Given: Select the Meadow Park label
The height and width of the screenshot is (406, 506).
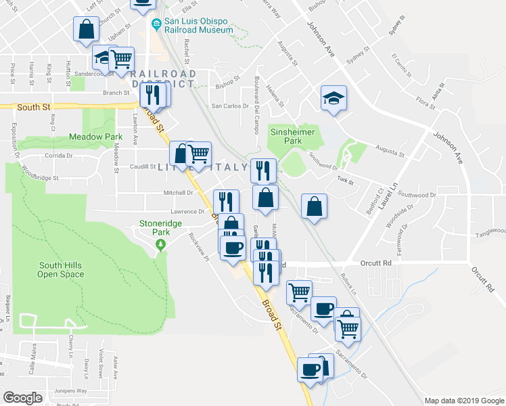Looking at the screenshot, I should (91, 137).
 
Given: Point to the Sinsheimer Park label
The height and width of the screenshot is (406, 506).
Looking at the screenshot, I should (292, 137).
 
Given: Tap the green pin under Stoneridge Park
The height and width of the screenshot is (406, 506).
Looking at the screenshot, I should (160, 246).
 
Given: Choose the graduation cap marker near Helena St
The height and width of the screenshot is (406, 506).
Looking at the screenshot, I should (333, 98).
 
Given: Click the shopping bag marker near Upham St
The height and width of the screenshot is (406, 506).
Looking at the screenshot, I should (86, 30).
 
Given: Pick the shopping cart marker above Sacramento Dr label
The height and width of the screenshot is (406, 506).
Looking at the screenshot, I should (298, 292).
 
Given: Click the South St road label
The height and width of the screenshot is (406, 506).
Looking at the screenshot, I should (30, 107).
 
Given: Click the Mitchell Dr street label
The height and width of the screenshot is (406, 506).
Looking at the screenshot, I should (179, 193).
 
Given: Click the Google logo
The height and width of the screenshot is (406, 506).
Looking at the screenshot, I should (23, 398).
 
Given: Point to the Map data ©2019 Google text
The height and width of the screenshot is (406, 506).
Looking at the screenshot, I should (463, 401).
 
